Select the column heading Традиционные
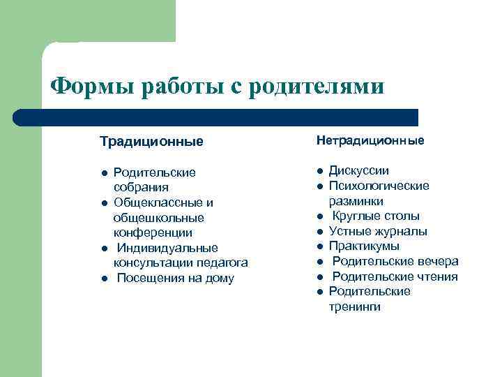(151, 142)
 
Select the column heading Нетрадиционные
(370, 141)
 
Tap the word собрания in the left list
(141, 187)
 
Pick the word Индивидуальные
(167, 248)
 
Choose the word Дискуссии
(359, 171)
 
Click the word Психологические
(379, 186)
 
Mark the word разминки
(356, 201)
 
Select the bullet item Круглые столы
(375, 216)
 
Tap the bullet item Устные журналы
(378, 231)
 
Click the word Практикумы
(364, 246)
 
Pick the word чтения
(436, 276)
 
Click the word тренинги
(355, 306)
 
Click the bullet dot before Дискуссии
(317, 171)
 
